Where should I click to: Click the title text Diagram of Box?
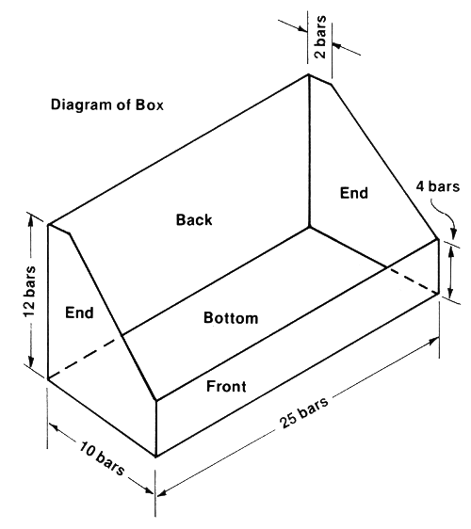point(107,104)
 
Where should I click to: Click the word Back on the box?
point(194,219)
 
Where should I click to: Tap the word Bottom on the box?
point(231,318)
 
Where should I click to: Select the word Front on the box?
point(226,386)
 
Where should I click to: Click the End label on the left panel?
point(79,313)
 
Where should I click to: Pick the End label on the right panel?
point(354,193)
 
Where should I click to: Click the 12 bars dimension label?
point(30,292)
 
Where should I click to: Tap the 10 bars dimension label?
point(102,458)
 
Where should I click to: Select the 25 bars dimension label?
point(303,412)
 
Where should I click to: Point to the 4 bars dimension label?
point(438,186)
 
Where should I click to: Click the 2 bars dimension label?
point(320,37)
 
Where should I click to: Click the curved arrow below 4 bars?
point(446,215)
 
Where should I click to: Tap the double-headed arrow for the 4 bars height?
point(450,272)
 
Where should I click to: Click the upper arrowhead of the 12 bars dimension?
point(31,220)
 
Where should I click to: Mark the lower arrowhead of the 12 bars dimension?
point(31,361)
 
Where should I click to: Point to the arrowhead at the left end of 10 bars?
point(54,426)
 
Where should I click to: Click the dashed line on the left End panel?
point(85,357)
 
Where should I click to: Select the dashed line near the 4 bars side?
point(413,281)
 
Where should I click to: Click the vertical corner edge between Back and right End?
point(309,151)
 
